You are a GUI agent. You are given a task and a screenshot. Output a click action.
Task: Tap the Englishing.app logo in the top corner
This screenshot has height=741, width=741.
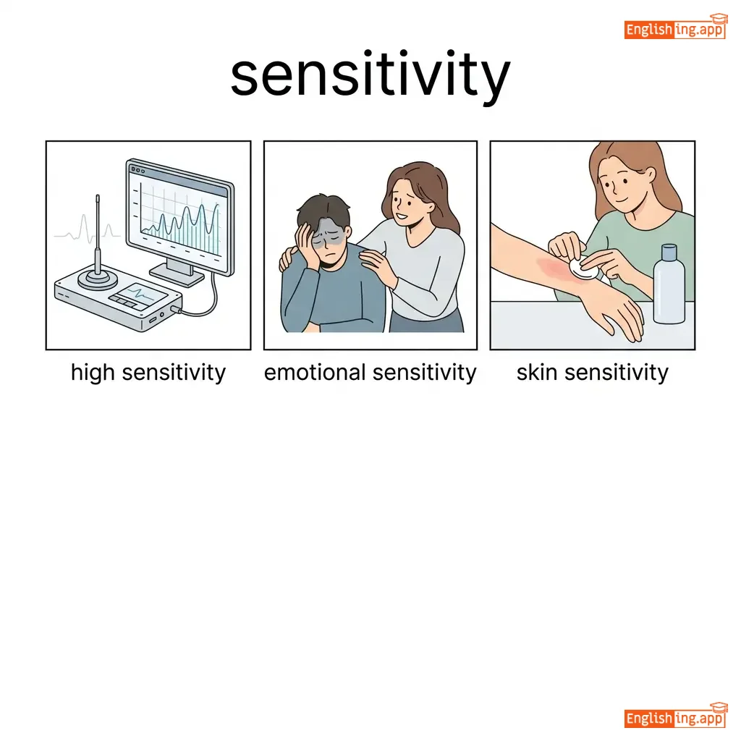point(675,27)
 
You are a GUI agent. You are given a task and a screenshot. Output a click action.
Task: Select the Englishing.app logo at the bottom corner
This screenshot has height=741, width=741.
point(675,716)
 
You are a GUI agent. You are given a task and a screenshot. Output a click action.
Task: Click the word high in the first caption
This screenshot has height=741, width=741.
point(93,373)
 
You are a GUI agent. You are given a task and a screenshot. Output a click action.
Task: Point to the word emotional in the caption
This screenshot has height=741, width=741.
point(315,373)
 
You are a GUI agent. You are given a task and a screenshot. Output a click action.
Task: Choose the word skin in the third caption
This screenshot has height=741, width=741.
point(538,373)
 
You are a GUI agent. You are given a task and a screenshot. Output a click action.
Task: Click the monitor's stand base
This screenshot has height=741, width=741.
point(177,275)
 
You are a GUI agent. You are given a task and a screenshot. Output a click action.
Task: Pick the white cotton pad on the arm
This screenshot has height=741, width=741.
point(584,268)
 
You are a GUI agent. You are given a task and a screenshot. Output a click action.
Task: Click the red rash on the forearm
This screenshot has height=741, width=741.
point(555,268)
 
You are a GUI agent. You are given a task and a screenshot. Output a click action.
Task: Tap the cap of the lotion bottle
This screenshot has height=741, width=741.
point(669,253)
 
